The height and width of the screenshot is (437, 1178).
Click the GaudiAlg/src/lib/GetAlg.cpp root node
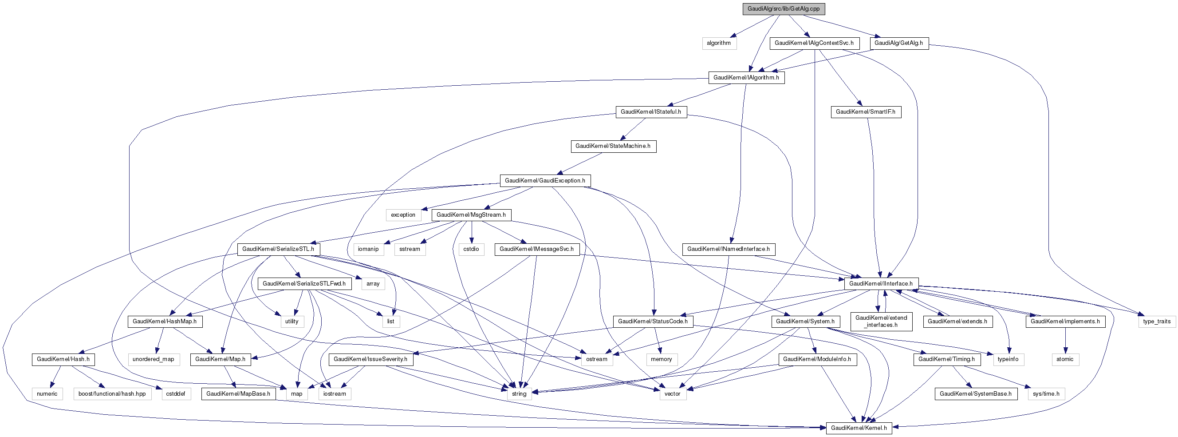pyautogui.click(x=784, y=9)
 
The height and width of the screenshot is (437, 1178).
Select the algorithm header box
pyautogui.click(x=719, y=43)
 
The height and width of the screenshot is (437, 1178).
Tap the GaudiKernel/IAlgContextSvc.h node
pyautogui.click(x=814, y=43)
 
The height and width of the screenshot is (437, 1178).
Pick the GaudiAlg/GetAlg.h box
pyautogui.click(x=898, y=43)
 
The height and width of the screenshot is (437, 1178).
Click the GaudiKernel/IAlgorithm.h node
pyautogui.click(x=746, y=77)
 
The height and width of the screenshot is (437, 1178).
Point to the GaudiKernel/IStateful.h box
pyautogui.click(x=651, y=111)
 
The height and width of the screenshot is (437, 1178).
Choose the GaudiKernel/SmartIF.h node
pyautogui.click(x=866, y=111)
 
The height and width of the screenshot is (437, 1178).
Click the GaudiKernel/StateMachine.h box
pyautogui.click(x=613, y=146)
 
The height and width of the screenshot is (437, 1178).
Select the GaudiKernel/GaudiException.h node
pyautogui.click(x=545, y=180)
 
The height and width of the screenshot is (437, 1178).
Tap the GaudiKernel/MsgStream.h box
pyautogui.click(x=471, y=215)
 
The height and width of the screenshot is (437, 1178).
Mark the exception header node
pyautogui.click(x=403, y=215)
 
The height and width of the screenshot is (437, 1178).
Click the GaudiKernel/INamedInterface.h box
pyautogui.click(x=729, y=249)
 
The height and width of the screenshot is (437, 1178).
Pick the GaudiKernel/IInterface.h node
pyautogui.click(x=881, y=283)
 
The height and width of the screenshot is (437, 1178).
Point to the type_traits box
pyautogui.click(x=1157, y=321)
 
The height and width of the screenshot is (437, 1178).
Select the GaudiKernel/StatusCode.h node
pyautogui.click(x=653, y=321)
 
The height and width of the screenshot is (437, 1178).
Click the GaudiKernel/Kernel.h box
pyautogui.click(x=859, y=428)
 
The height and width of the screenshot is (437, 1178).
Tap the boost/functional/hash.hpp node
pyautogui.click(x=112, y=393)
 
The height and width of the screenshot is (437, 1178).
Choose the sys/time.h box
pyautogui.click(x=1046, y=393)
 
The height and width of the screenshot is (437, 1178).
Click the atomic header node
pyautogui.click(x=1065, y=359)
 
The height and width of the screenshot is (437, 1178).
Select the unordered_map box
pyautogui.click(x=153, y=359)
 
